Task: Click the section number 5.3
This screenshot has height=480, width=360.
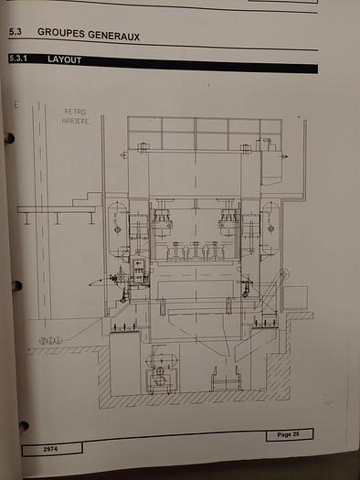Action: tap(15, 33)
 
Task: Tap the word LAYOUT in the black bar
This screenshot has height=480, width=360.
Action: tap(65, 60)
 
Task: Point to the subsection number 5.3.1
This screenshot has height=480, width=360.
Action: tap(19, 60)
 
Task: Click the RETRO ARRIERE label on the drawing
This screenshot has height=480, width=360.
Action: tap(75, 116)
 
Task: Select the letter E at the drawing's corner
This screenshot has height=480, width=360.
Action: tap(16, 105)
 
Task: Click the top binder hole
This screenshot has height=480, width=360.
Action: tap(9, 139)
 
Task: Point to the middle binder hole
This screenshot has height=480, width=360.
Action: tap(16, 286)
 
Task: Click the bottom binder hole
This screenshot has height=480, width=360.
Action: tap(23, 426)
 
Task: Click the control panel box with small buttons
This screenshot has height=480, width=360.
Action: tap(139, 272)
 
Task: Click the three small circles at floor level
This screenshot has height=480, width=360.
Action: tap(50, 341)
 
